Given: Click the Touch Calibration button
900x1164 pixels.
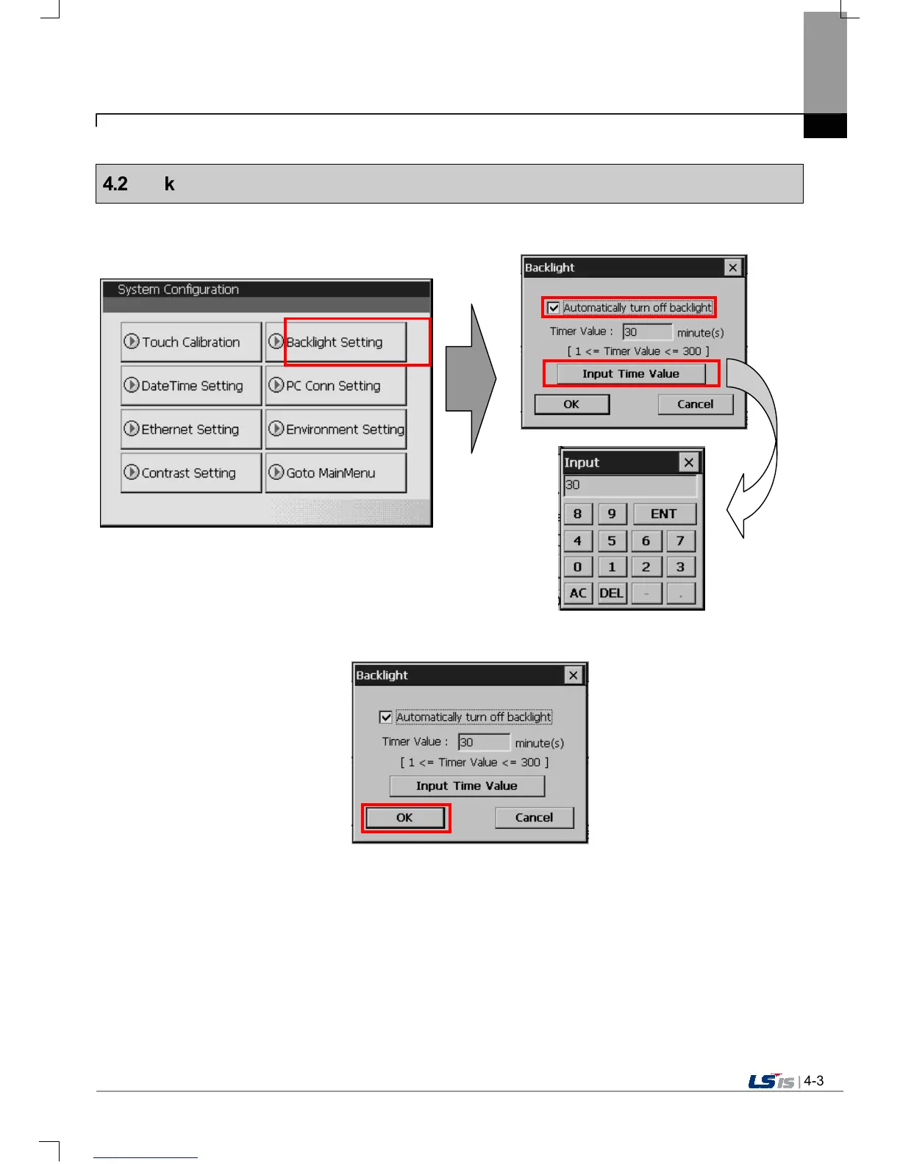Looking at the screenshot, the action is (x=190, y=342).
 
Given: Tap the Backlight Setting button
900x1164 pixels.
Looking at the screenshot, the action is (x=336, y=342).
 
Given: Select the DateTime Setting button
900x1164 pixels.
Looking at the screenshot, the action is (x=190, y=386).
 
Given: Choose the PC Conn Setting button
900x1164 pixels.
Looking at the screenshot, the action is (x=335, y=386).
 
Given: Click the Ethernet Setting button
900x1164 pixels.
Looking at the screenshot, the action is (x=190, y=429).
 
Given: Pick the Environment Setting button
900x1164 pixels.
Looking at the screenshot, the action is (x=336, y=429).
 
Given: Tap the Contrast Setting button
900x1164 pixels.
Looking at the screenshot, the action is (x=190, y=473).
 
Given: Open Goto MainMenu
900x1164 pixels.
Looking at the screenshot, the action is (x=335, y=473).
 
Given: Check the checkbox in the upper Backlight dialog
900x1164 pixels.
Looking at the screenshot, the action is (x=554, y=308).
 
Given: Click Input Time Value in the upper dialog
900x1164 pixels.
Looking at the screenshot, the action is (x=631, y=374).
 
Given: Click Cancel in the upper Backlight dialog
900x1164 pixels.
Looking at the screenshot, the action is (x=695, y=404).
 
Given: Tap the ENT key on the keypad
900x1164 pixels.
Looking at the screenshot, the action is (x=663, y=514).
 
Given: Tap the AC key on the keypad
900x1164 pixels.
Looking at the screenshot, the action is (x=578, y=593).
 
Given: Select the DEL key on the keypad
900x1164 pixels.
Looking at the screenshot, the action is (x=612, y=593).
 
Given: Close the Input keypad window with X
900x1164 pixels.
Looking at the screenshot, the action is (x=688, y=462).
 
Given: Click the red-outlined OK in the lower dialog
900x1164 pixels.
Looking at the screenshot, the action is (x=405, y=818).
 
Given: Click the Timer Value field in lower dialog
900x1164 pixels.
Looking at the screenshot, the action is (x=484, y=742).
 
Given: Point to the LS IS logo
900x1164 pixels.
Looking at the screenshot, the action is (x=771, y=1082).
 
